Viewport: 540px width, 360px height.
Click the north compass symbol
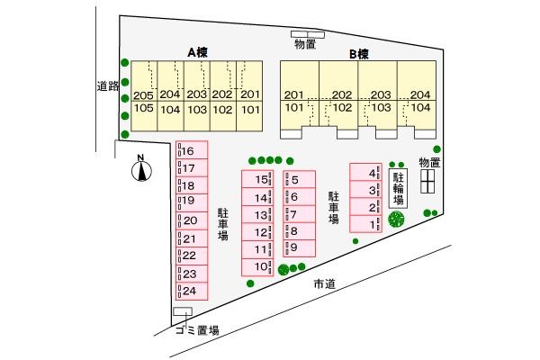click(141, 170)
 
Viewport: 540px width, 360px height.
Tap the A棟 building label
click(197, 52)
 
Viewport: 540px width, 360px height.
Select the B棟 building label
click(359, 54)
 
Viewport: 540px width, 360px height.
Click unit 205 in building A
click(144, 81)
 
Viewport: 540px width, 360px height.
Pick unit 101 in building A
click(249, 116)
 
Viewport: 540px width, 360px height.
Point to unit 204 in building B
click(417, 81)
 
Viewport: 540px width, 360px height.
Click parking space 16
click(192, 150)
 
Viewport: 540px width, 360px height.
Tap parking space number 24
click(192, 291)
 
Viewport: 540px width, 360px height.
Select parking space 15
click(257, 179)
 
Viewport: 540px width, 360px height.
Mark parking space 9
click(300, 248)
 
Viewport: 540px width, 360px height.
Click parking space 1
click(365, 224)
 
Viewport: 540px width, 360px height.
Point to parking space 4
click(365, 172)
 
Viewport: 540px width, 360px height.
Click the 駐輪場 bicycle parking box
click(398, 188)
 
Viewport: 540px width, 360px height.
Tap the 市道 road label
click(324, 283)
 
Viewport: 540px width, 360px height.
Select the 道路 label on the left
click(108, 85)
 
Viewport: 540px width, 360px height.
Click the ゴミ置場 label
click(197, 330)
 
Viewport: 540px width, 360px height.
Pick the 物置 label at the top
click(305, 44)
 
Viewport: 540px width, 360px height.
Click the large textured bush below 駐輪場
click(396, 219)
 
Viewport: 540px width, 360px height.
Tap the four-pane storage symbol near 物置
click(427, 181)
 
